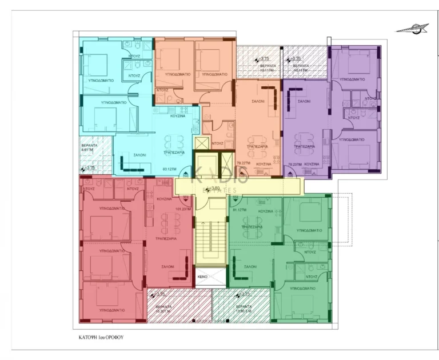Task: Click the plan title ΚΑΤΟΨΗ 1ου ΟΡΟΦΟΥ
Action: tap(101, 338)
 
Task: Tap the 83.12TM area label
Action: tap(169, 169)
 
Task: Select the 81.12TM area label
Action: tap(240, 210)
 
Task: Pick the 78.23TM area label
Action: tap(294, 165)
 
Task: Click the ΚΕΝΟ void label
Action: tap(202, 277)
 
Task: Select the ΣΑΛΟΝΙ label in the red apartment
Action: tap(167, 267)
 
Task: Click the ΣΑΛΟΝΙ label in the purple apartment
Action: tap(303, 101)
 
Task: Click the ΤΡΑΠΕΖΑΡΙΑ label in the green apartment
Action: tap(252, 226)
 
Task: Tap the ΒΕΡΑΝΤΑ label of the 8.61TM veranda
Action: tap(89, 146)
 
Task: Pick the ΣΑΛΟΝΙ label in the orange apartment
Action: tap(258, 101)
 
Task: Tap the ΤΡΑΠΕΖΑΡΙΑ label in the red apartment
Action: tap(165, 239)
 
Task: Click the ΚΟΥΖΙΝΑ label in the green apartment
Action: tap(265, 211)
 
